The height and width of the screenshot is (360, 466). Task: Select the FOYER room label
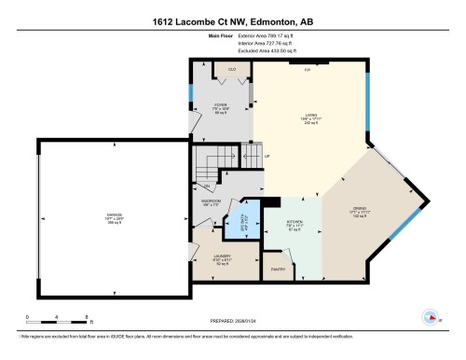tap(221, 107)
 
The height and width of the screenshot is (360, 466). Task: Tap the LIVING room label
tap(310, 117)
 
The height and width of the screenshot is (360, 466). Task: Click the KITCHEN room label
tap(295, 224)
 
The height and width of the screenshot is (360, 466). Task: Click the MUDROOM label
tap(210, 202)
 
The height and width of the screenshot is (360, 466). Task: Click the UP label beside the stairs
tap(267, 157)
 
